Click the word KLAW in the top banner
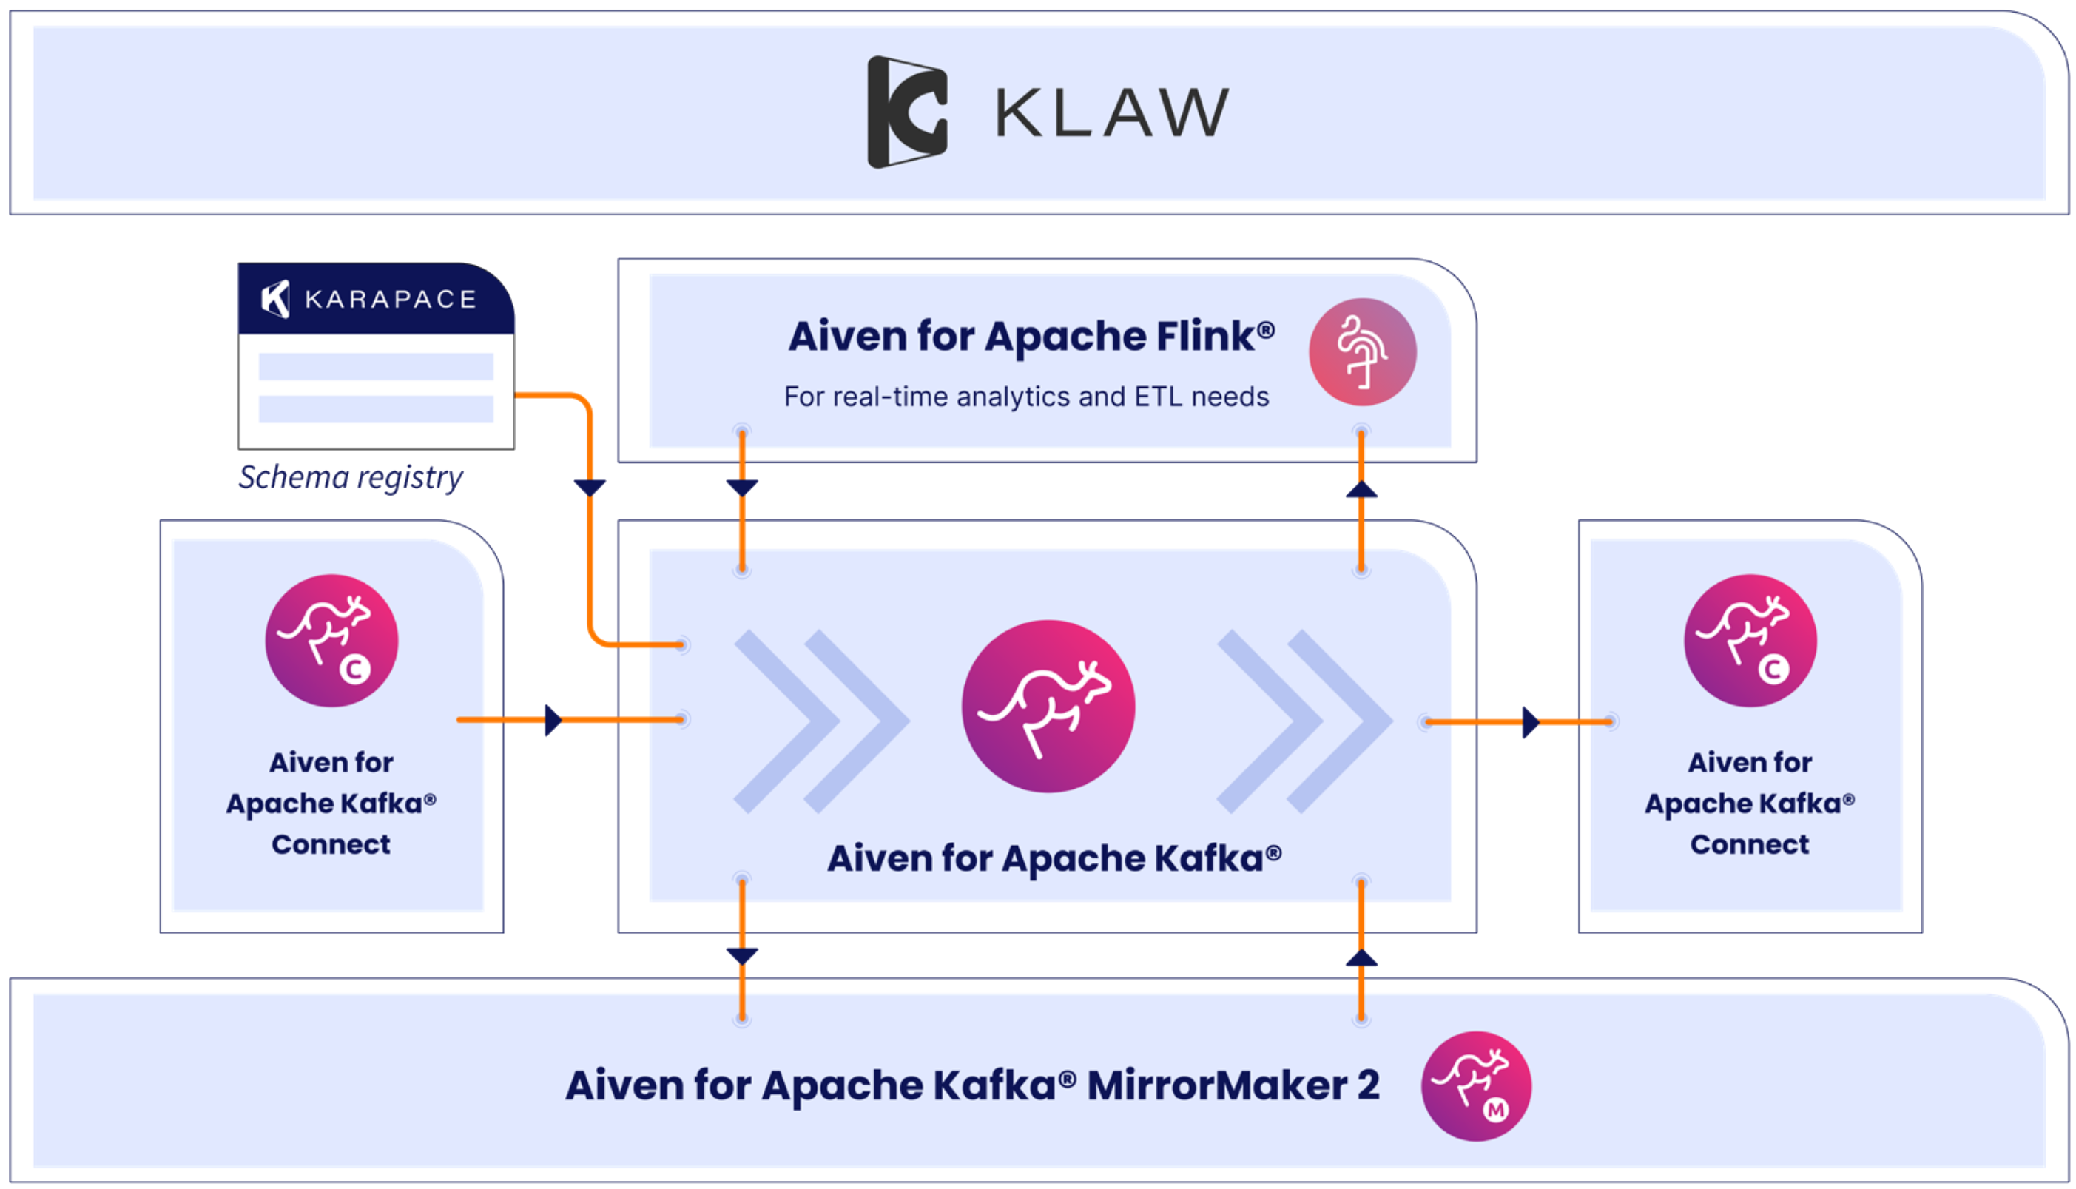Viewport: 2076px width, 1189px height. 1112,112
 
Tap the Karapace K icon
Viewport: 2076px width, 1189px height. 275,299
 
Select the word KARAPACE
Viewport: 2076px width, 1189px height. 390,300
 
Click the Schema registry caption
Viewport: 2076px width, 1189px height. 350,477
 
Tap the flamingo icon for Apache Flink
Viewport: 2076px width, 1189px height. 1362,352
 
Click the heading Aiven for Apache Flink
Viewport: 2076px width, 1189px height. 1031,337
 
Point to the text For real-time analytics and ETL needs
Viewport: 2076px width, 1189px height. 1026,397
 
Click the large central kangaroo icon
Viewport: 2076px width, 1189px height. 1048,706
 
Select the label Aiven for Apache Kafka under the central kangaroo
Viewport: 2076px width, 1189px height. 1054,858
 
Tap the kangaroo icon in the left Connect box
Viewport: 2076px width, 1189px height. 331,640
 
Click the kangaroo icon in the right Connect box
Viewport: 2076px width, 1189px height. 1750,640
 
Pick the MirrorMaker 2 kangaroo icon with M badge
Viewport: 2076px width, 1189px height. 1475,1086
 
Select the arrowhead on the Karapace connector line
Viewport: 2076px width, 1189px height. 590,488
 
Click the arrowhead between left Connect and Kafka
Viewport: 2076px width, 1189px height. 553,720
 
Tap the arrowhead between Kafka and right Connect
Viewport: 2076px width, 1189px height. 1531,722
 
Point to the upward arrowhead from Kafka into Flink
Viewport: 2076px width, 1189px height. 1361,489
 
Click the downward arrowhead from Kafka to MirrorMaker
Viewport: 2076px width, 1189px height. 742,955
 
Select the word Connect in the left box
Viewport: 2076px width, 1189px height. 331,844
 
